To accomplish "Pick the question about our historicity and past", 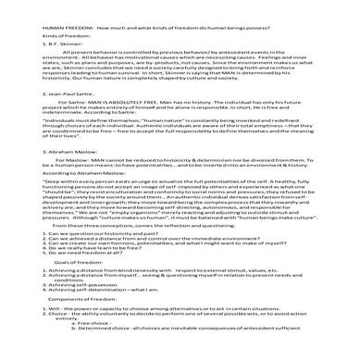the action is [x=73, y=261].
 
